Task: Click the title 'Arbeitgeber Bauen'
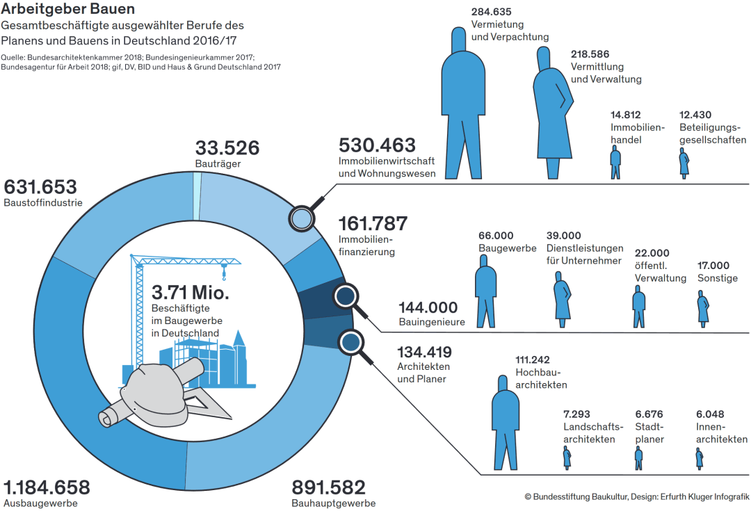pyautogui.click(x=67, y=8)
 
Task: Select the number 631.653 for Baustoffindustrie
pyautogui.click(x=40, y=187)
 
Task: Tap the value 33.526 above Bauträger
pyautogui.click(x=227, y=147)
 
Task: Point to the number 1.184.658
pyautogui.click(x=47, y=487)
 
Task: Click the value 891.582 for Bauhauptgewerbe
pyautogui.click(x=328, y=487)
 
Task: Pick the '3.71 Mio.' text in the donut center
pyautogui.click(x=190, y=292)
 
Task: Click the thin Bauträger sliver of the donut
pyautogui.click(x=197, y=195)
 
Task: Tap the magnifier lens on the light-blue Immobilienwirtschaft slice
pyautogui.click(x=302, y=219)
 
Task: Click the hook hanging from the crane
pyautogui.click(x=223, y=275)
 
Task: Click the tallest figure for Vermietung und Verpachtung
pyautogui.click(x=462, y=103)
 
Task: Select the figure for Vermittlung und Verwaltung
pyautogui.click(x=553, y=113)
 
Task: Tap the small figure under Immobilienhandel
pyautogui.click(x=615, y=163)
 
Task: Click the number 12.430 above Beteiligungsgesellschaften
pyautogui.click(x=695, y=115)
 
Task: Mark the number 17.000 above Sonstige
pyautogui.click(x=713, y=266)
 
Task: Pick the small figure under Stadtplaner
pyautogui.click(x=638, y=458)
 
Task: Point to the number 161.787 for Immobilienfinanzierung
pyautogui.click(x=373, y=223)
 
